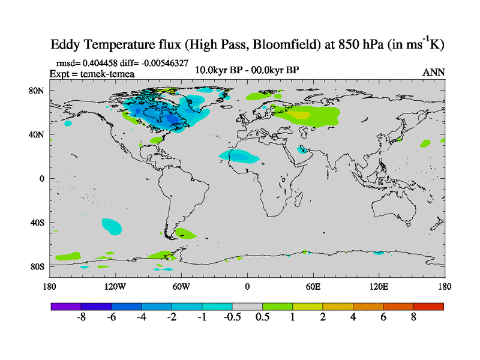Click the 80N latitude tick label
click(x=37, y=91)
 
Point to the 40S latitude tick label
click(x=37, y=223)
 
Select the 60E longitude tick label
click(x=313, y=286)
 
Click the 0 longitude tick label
click(x=247, y=286)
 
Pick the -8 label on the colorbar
click(x=81, y=317)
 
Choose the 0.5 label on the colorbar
click(x=262, y=317)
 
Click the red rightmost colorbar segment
click(x=428, y=307)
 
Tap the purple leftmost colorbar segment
click(x=66, y=307)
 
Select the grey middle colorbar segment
click(x=247, y=307)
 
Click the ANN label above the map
click(x=434, y=72)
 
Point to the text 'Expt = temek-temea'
click(x=92, y=74)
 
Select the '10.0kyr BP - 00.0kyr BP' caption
click(x=247, y=70)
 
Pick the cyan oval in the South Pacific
click(x=112, y=226)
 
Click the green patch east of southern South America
click(x=185, y=233)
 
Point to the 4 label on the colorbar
click(x=353, y=317)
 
